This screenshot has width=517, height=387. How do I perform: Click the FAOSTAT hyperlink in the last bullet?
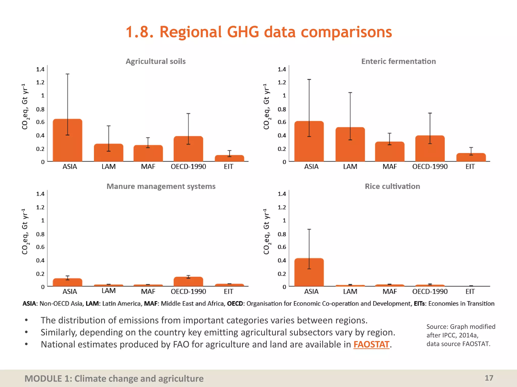(371, 344)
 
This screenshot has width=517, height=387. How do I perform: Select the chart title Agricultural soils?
(156, 61)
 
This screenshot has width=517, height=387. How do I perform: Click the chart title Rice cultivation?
(392, 186)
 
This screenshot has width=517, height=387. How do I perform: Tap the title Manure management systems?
(161, 186)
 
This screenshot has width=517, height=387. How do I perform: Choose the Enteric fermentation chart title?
(398, 61)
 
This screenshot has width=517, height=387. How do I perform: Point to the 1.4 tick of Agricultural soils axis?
(40, 69)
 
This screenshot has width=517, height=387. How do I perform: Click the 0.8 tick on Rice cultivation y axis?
(282, 234)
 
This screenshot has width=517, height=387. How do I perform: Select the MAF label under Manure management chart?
(148, 292)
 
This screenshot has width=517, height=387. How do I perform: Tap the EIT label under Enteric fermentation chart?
(470, 167)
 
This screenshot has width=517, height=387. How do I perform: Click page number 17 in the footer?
(489, 378)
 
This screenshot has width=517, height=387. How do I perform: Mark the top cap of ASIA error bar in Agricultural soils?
(67, 74)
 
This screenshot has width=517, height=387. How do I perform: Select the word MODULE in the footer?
(43, 379)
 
